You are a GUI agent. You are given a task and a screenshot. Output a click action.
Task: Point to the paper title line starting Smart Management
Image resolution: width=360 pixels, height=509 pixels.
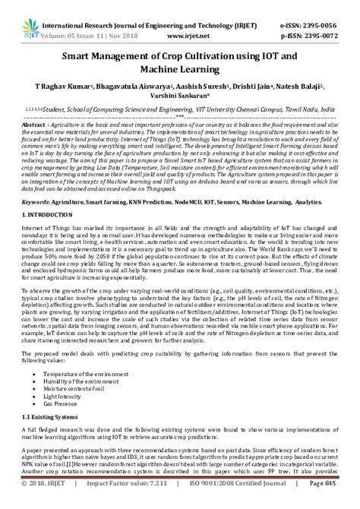click(179, 55)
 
